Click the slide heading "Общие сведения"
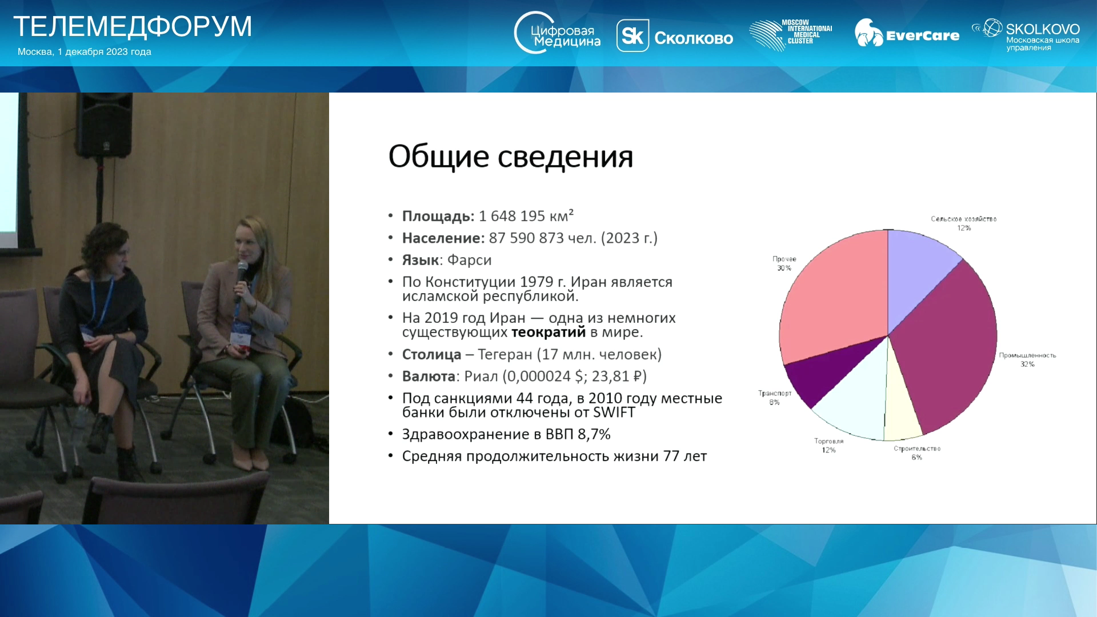tap(511, 157)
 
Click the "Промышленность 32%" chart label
tap(1027, 359)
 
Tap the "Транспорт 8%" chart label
tap(775, 398)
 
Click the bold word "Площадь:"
tap(438, 217)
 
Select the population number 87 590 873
tap(526, 238)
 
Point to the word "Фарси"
tap(469, 260)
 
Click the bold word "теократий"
tap(548, 332)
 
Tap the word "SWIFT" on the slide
tap(614, 412)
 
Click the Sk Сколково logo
tap(675, 37)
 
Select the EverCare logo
tap(907, 33)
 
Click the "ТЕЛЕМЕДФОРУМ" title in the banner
tap(133, 26)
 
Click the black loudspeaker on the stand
tap(104, 126)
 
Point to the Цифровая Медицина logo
tap(557, 33)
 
